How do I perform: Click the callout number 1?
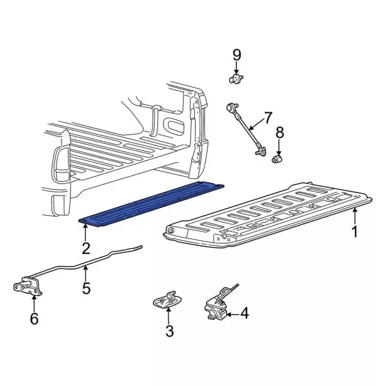coord(355,231)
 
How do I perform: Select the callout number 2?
coord(86,247)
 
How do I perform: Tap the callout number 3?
coord(169,331)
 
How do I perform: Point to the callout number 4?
coord(244,313)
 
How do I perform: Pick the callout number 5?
coord(86,288)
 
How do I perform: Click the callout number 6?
coord(34,318)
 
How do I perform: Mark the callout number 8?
coord(279,132)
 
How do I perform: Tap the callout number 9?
coord(236,55)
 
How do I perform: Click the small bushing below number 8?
coord(279,159)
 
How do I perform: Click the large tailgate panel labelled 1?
coord(265,217)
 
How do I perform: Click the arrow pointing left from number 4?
coord(231,313)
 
